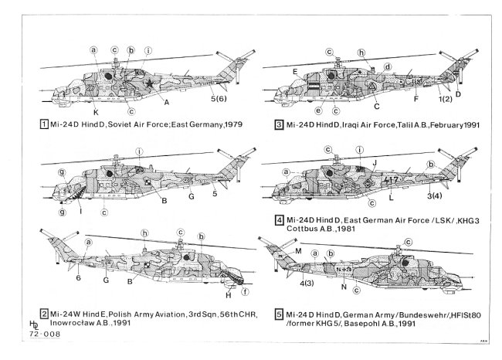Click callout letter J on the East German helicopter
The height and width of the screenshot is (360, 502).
coord(374,163)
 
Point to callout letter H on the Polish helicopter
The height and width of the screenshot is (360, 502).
coord(228,295)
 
